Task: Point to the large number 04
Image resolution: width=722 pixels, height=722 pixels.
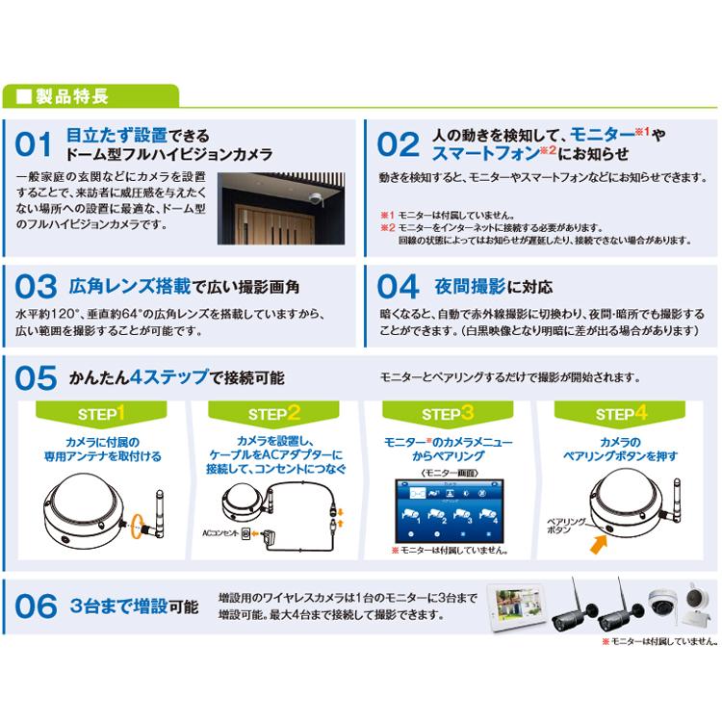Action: (397, 288)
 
